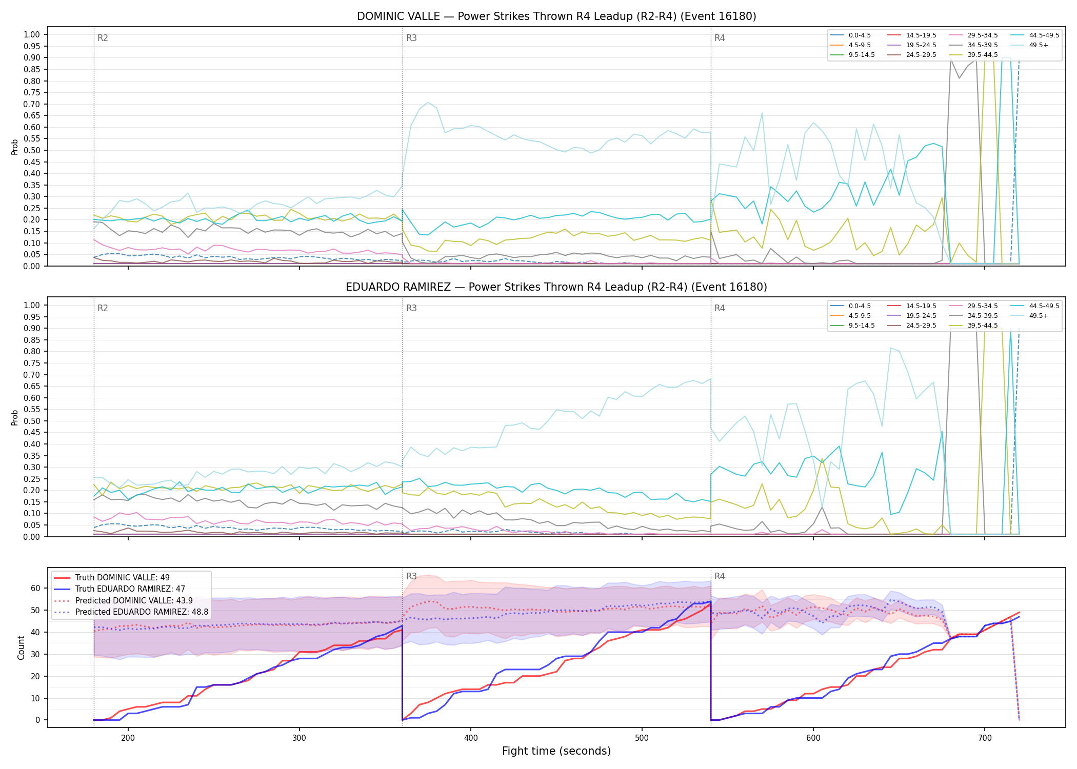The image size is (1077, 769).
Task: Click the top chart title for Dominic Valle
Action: point(556,16)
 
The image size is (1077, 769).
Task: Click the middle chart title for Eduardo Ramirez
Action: point(556,287)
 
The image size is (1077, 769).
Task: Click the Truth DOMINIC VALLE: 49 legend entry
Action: point(112,578)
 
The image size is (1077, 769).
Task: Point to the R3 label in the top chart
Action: point(411,38)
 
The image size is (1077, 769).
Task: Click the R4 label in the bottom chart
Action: point(720,576)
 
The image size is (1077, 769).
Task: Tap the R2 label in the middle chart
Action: point(103,308)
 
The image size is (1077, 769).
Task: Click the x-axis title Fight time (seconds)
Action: point(556,751)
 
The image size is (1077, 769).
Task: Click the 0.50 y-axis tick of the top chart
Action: point(32,150)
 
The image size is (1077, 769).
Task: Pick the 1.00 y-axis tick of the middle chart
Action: point(32,305)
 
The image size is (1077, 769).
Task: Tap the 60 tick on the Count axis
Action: point(35,588)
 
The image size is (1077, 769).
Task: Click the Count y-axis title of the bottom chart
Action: point(21,647)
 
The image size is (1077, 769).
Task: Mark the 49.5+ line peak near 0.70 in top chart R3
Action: point(428,103)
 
